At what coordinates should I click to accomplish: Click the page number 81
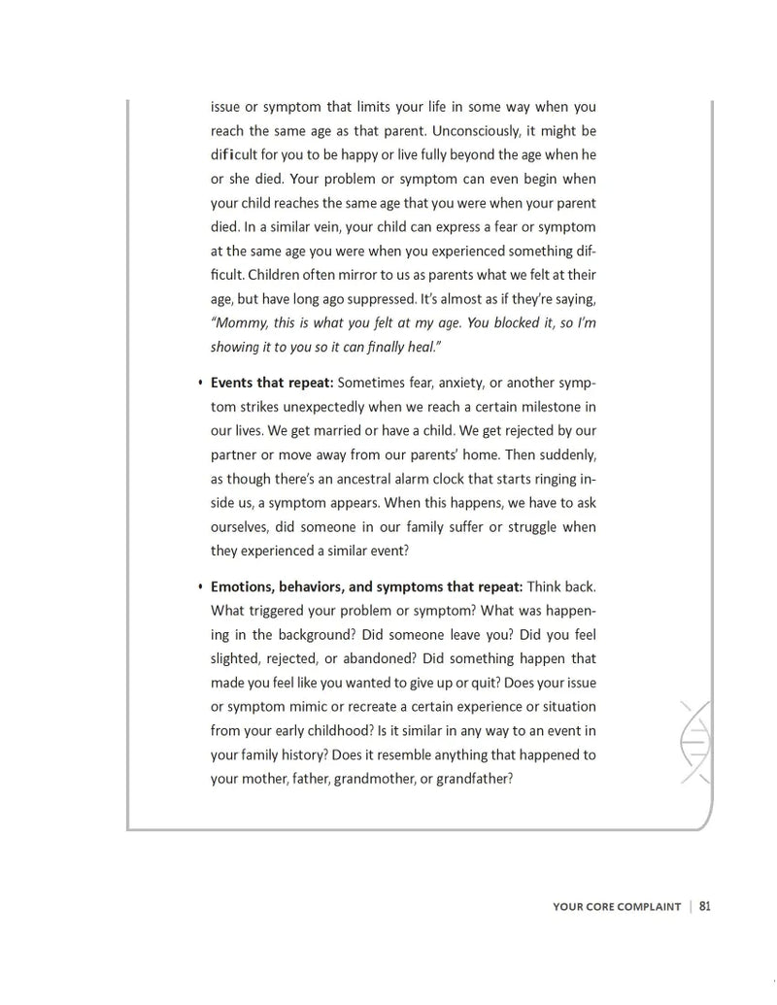click(705, 906)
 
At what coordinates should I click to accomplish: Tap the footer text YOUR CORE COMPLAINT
click(617, 907)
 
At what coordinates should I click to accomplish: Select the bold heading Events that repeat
click(272, 383)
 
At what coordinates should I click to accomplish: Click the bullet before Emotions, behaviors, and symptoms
click(200, 586)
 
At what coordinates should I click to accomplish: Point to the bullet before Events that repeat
click(200, 383)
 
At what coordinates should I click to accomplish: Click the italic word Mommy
click(239, 323)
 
